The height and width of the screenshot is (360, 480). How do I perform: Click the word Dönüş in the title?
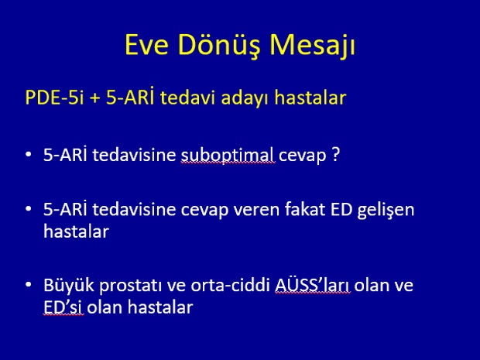pos(218,46)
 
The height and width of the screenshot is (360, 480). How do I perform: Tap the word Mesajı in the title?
pos(312,46)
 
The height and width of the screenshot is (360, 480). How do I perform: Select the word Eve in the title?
pos(146,45)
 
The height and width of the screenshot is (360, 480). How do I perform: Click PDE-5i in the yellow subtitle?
pos(54,98)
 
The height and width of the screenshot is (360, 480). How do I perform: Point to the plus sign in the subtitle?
pos(94,98)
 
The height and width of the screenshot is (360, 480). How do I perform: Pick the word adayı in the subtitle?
pos(245,98)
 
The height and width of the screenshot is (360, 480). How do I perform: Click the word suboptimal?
pos(227,156)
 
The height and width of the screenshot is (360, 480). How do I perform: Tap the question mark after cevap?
pos(335,155)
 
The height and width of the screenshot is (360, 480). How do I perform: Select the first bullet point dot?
pos(29,154)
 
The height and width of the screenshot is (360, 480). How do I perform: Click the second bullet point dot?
pos(29,208)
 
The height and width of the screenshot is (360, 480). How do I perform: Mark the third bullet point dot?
pos(29,284)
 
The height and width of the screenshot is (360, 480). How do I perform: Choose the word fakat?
pos(304,209)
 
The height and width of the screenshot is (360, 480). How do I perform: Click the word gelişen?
pos(386,211)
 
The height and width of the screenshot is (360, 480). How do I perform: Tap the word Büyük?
pos(69,285)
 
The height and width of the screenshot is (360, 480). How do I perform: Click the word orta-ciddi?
pos(230,285)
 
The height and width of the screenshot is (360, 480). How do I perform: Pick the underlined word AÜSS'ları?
pos(312,285)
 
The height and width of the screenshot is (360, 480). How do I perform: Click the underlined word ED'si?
pos(63,307)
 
